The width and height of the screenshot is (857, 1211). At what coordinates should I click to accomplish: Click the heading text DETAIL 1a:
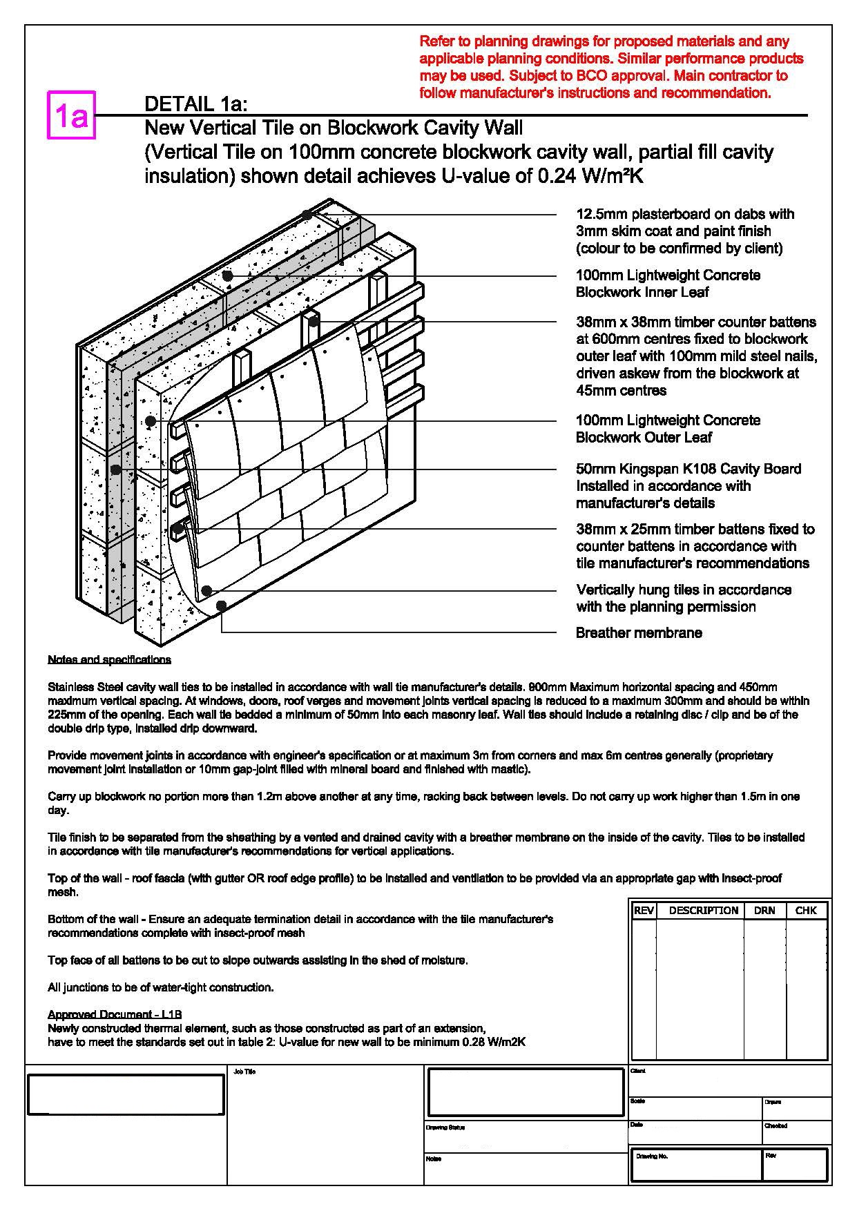pyautogui.click(x=195, y=104)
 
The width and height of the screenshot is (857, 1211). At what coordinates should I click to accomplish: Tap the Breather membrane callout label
pyautogui.click(x=639, y=632)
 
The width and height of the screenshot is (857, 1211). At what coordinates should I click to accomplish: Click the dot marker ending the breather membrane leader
pyautogui.click(x=222, y=606)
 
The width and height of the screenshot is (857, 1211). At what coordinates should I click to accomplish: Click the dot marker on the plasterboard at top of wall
pyautogui.click(x=306, y=215)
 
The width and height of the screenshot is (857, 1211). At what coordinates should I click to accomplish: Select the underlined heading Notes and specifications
pyautogui.click(x=109, y=660)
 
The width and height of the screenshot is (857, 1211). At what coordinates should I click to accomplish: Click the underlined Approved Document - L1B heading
pyautogui.click(x=115, y=1014)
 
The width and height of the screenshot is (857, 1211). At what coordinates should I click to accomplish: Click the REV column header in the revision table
pyautogui.click(x=644, y=911)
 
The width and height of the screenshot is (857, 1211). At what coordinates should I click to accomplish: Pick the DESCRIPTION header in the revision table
pyautogui.click(x=703, y=911)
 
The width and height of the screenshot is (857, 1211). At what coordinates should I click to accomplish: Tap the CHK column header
pyautogui.click(x=806, y=911)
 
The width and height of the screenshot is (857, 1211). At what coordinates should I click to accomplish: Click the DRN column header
pyautogui.click(x=764, y=911)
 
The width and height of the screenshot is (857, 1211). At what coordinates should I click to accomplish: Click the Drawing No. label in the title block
pyautogui.click(x=651, y=1156)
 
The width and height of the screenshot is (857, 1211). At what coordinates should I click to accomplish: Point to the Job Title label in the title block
pyautogui.click(x=244, y=1072)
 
